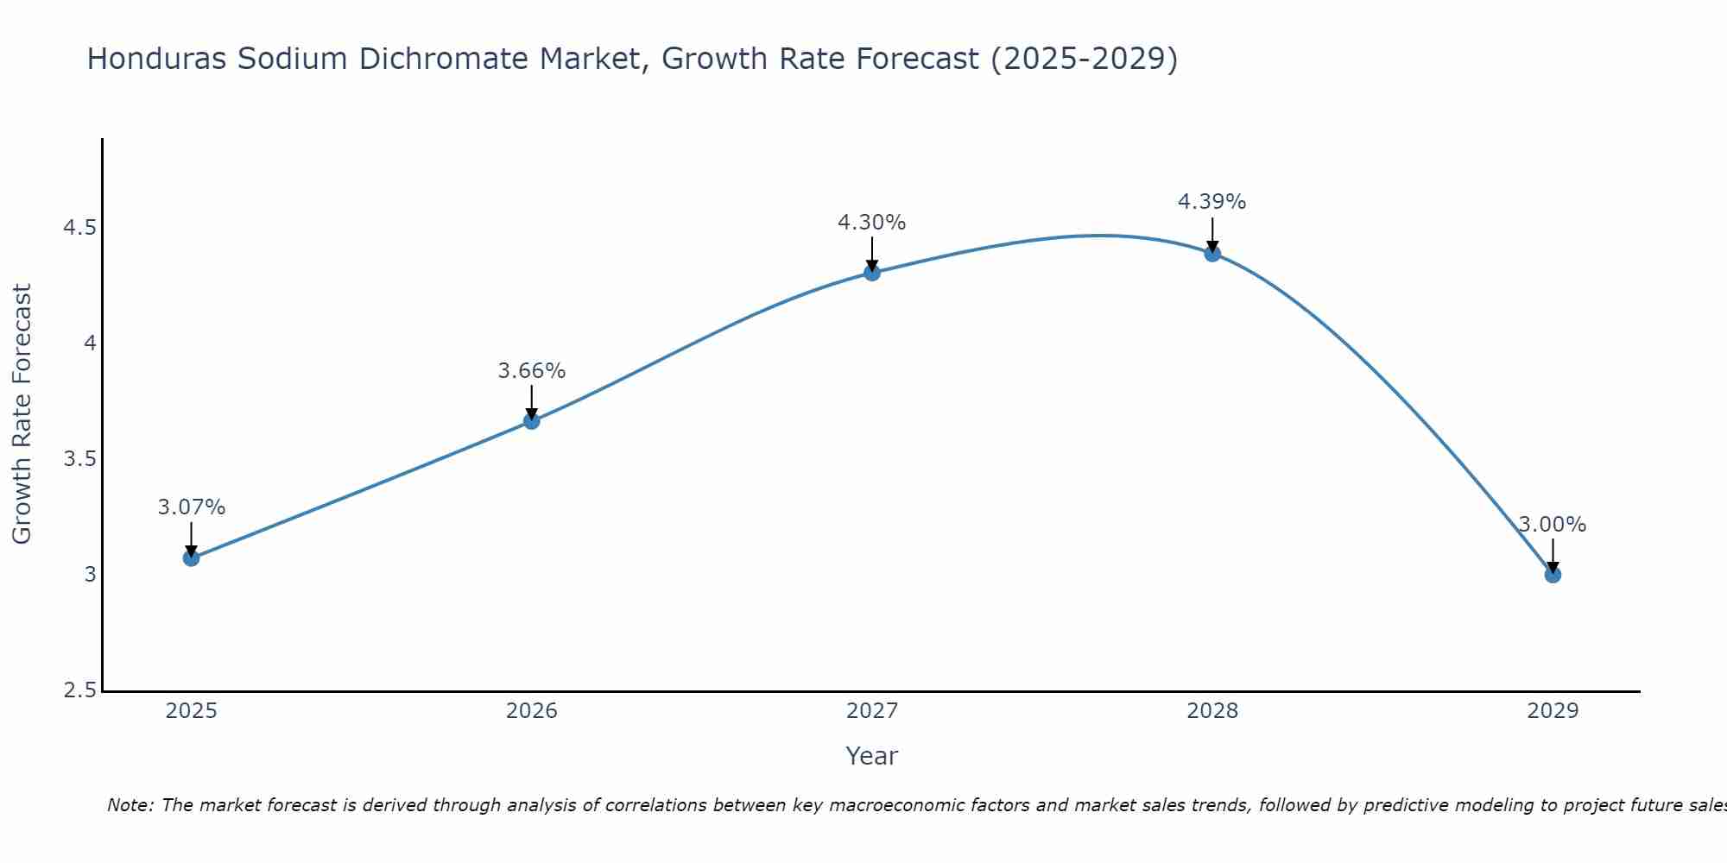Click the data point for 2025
(191, 558)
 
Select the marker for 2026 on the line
(532, 421)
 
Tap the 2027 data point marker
(872, 273)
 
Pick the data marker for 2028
(1212, 253)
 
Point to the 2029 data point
(1553, 575)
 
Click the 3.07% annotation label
(191, 507)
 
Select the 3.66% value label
(532, 371)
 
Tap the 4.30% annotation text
(872, 223)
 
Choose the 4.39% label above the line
(1212, 202)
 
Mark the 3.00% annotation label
(1553, 525)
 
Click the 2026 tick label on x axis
(532, 711)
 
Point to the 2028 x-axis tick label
(1212, 711)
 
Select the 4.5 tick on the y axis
(79, 229)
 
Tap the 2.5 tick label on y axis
(79, 691)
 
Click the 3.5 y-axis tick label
(79, 459)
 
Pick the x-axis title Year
(872, 756)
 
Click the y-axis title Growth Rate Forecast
(22, 414)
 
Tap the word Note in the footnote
(130, 805)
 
